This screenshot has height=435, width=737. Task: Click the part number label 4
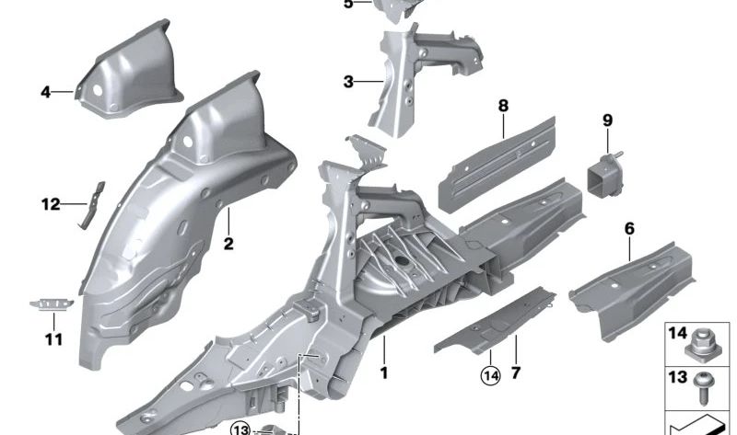tap(45, 91)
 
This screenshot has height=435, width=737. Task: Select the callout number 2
tap(228, 244)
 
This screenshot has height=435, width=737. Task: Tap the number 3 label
tap(348, 82)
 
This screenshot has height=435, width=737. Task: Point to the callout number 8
tap(503, 107)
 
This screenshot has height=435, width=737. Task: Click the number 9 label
tap(607, 120)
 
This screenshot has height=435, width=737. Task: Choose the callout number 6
tap(629, 226)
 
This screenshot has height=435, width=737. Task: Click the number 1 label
tap(384, 373)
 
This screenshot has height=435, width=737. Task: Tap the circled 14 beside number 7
tap(490, 374)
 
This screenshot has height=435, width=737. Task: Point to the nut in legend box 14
tap(701, 347)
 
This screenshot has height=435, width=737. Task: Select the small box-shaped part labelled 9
tap(604, 175)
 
